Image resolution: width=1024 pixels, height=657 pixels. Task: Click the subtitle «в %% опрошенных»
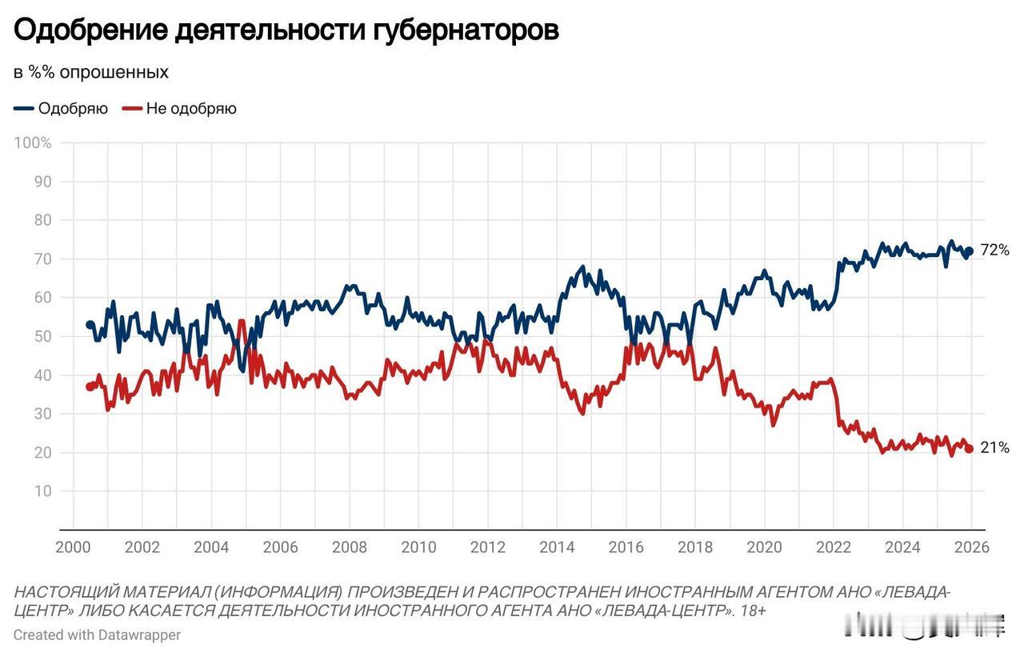pos(91,72)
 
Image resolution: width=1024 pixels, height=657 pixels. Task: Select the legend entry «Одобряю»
pos(73,109)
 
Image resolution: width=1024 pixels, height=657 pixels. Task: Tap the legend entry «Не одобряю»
pos(191,109)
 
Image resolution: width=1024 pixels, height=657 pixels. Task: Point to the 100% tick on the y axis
pos(34,143)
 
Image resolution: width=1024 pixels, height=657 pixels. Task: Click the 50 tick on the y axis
pos(42,337)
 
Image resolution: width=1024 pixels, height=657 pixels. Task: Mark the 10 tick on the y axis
pos(42,491)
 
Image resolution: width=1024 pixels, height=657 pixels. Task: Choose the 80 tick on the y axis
pos(42,221)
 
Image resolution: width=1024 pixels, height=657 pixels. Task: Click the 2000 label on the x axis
pos(73,547)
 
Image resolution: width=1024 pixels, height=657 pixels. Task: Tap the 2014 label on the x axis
pos(557,547)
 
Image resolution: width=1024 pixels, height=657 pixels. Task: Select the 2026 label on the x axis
pos(971,547)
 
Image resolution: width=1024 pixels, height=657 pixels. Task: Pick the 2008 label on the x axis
pos(350,547)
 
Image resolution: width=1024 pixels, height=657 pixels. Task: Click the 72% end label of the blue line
pos(994,250)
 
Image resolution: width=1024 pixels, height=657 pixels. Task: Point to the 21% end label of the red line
pos(994,448)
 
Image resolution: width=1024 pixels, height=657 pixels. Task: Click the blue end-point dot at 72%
pos(969,251)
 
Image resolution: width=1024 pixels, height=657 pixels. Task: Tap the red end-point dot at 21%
pos(969,449)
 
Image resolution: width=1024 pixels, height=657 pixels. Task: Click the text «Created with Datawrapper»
pos(97,635)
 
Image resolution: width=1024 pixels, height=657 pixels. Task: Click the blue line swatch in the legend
pos(24,109)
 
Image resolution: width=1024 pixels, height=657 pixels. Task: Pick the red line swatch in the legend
pos(132,109)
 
